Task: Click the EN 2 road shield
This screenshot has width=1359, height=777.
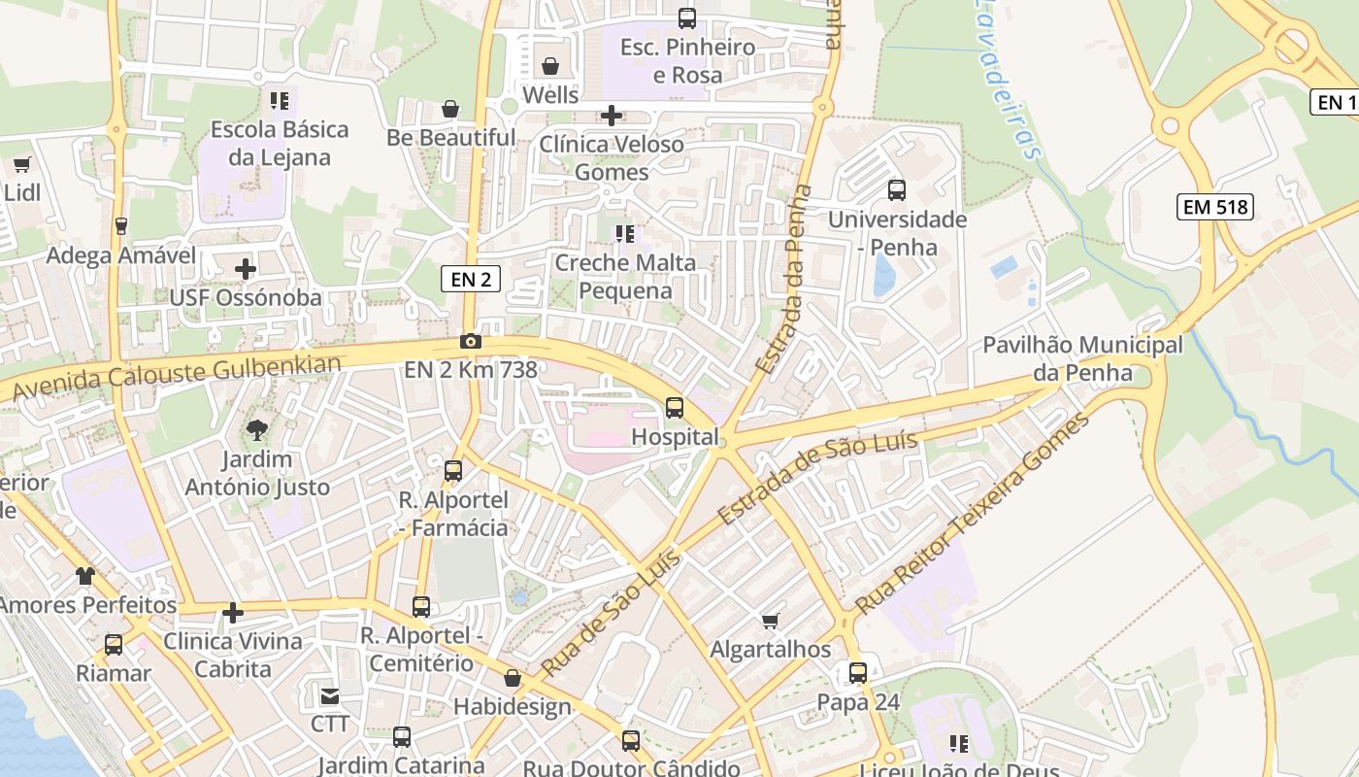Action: pyautogui.click(x=471, y=280)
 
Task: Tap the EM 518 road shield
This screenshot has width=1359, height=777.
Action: pyautogui.click(x=1215, y=206)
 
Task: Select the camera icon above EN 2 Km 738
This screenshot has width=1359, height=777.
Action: pyautogui.click(x=471, y=341)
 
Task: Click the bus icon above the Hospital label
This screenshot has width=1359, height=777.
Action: pyautogui.click(x=675, y=408)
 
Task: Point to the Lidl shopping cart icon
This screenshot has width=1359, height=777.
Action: pyautogui.click(x=21, y=164)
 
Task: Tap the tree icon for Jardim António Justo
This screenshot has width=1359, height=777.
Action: pyautogui.click(x=257, y=429)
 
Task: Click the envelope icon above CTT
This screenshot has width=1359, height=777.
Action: pyautogui.click(x=330, y=695)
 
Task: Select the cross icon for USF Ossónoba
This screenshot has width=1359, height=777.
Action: pyautogui.click(x=246, y=268)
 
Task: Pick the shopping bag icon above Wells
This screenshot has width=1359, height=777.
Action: pyautogui.click(x=550, y=66)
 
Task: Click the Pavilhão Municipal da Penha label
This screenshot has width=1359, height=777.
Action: pyautogui.click(x=1082, y=358)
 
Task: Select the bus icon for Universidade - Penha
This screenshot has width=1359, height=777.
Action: pyautogui.click(x=897, y=190)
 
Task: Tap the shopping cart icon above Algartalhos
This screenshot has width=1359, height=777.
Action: pyautogui.click(x=771, y=620)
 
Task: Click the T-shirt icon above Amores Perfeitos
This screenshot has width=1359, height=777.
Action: pyautogui.click(x=86, y=576)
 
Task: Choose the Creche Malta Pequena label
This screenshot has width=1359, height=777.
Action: pyautogui.click(x=625, y=277)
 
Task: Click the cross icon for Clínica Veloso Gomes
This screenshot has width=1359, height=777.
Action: pyautogui.click(x=612, y=116)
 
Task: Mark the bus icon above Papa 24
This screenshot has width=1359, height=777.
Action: pyautogui.click(x=858, y=672)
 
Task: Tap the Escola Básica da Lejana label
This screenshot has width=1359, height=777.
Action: pyautogui.click(x=279, y=143)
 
